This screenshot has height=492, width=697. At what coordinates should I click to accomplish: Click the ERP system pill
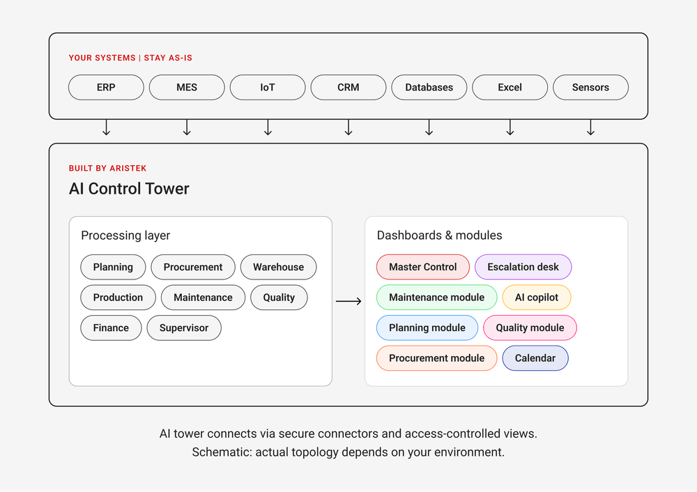click(106, 88)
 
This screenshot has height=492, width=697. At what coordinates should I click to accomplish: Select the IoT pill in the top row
click(268, 88)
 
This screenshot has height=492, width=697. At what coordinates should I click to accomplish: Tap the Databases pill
click(429, 88)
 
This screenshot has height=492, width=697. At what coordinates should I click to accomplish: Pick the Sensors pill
click(590, 88)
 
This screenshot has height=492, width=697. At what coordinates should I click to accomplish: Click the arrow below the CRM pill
click(348, 127)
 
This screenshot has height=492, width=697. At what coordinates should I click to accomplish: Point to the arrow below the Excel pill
click(510, 127)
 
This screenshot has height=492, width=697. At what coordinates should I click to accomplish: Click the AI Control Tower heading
click(129, 189)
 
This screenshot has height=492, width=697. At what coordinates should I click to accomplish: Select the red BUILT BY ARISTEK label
click(107, 169)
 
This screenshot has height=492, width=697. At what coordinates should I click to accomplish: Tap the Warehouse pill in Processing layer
click(279, 267)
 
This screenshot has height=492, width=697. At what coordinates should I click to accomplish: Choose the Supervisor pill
click(184, 328)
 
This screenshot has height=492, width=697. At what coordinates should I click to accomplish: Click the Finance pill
click(111, 328)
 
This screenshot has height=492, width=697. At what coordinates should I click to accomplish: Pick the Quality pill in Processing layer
click(279, 298)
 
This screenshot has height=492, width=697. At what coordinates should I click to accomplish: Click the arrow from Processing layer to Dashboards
click(348, 301)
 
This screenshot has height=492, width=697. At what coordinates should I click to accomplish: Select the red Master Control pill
click(423, 267)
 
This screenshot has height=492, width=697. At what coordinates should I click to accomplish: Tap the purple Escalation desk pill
click(523, 267)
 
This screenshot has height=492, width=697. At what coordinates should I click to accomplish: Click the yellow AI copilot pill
click(537, 298)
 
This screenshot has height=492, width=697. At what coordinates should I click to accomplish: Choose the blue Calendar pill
click(535, 358)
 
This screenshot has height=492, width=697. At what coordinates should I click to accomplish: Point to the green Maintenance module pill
click(436, 298)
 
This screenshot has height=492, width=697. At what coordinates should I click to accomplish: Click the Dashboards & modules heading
click(440, 235)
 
